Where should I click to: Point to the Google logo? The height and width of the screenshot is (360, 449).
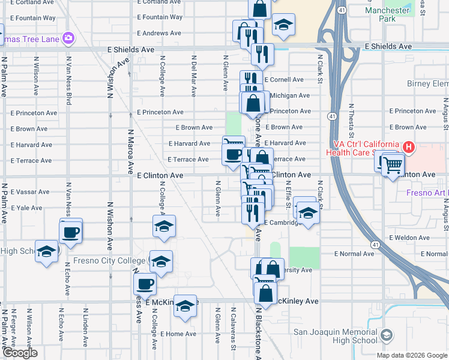tap(20, 353)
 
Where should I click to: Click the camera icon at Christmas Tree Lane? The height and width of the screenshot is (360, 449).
tap(68, 37)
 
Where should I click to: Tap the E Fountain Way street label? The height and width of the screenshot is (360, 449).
tap(159, 17)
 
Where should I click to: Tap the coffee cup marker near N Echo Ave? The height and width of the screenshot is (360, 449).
tap(71, 231)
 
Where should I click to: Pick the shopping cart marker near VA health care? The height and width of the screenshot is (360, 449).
tap(393, 163)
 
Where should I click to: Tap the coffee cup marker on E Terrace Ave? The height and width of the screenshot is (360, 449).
tap(233, 154)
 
